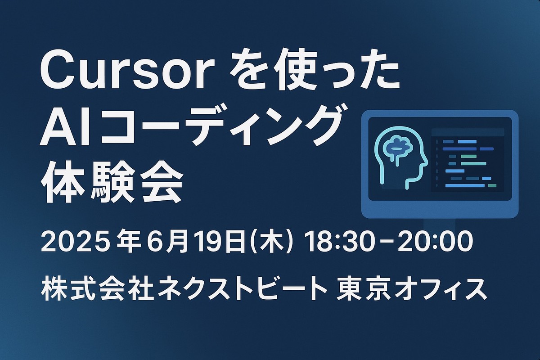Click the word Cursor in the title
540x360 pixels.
pos(127,70)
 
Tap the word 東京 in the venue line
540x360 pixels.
pos(364,290)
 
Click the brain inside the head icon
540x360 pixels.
pos(396,149)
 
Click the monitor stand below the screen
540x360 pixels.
pos(439,224)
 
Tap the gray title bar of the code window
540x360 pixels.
pos(468,132)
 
